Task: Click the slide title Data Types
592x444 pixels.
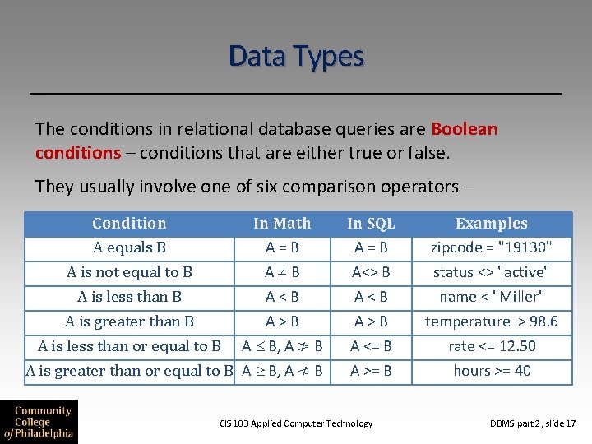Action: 296,57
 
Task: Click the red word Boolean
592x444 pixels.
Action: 464,129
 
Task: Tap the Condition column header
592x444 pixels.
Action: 129,224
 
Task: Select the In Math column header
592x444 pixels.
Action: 282,224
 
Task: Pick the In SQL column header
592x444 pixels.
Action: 371,224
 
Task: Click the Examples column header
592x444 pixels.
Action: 492,224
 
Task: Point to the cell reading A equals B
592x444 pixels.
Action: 129,247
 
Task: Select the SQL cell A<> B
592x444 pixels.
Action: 371,272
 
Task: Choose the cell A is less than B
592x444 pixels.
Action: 129,297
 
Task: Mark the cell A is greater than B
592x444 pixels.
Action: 129,321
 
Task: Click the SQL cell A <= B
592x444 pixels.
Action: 371,346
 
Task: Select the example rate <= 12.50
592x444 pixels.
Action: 492,346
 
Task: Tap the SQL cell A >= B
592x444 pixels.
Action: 371,371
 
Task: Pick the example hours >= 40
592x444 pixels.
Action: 492,371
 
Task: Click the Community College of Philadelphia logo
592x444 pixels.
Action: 39,422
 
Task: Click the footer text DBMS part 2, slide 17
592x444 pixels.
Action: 533,423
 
